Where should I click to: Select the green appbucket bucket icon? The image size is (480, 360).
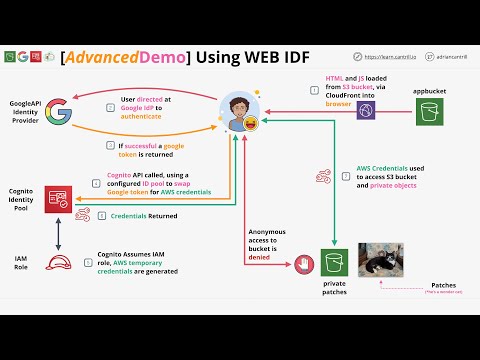tap(430, 112)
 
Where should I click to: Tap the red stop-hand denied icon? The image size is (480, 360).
tap(302, 262)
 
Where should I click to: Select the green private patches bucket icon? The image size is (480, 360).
tap(333, 263)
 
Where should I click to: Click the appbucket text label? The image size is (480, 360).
tap(429, 91)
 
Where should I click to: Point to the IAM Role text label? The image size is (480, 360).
tap(21, 264)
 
